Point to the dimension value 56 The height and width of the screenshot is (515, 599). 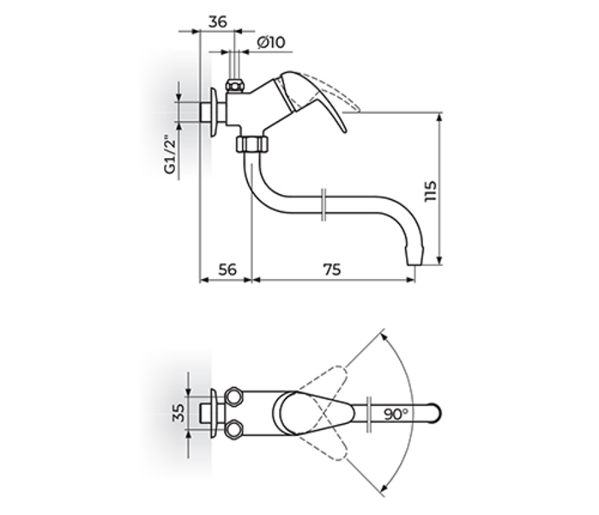point(226,269)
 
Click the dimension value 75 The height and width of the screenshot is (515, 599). point(330,269)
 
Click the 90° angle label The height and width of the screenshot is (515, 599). point(396,414)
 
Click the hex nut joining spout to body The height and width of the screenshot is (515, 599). point(251,142)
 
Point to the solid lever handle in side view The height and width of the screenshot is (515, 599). point(318,99)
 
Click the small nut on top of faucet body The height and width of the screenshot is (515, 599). point(234,85)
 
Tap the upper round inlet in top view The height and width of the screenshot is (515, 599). point(234,397)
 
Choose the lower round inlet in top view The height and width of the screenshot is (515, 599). point(234,428)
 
